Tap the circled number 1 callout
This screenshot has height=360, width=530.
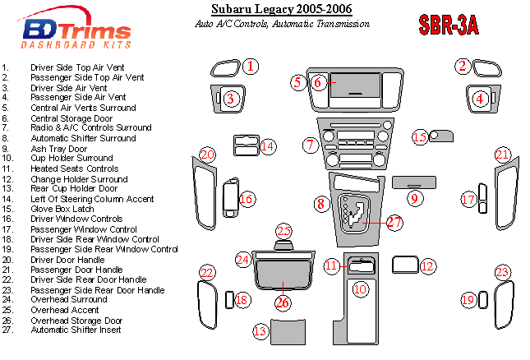tap(251, 66)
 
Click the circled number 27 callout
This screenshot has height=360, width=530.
tap(394, 222)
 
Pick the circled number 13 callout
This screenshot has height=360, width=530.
tap(260, 331)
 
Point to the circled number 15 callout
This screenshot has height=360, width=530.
tap(419, 136)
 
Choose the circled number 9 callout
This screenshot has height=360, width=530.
tap(415, 197)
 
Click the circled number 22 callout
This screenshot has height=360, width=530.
tap(207, 273)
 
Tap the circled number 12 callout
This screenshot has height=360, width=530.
tap(426, 265)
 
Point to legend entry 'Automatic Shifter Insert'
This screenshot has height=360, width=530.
tap(76, 330)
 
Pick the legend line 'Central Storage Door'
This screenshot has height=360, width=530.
tap(67, 118)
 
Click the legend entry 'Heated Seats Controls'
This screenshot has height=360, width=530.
tap(74, 168)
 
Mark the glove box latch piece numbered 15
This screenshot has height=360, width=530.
tap(441, 135)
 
